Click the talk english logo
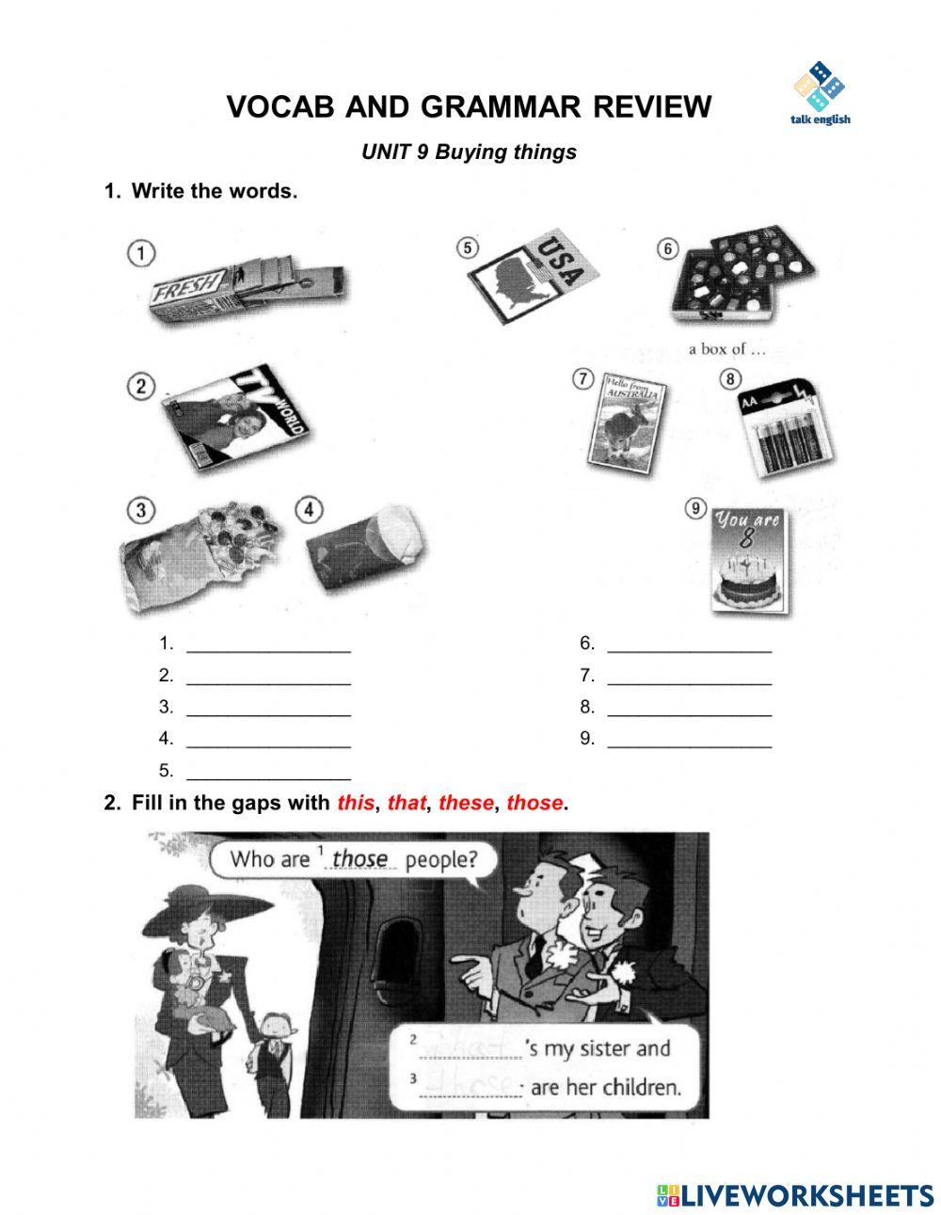point(821,93)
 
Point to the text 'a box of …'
point(727,349)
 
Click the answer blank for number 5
point(268,772)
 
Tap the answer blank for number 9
point(689,740)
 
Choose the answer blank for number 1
point(268,645)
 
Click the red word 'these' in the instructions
point(466,804)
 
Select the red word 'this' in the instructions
point(355,804)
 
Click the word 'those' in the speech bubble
point(359,858)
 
